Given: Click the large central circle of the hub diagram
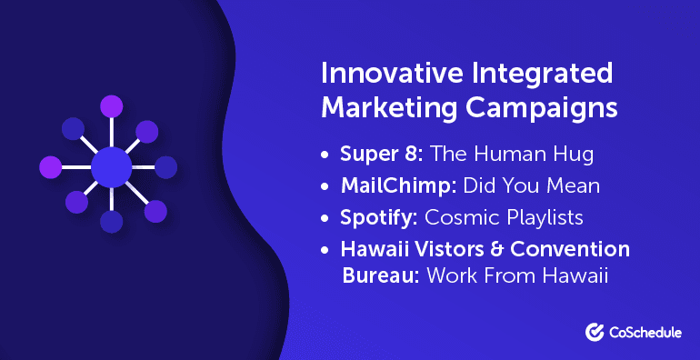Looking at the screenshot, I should click(x=112, y=167).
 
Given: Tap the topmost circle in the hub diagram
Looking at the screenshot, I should click(x=112, y=107).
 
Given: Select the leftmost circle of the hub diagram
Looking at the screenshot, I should click(x=51, y=167).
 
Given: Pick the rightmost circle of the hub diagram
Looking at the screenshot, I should click(x=165, y=167).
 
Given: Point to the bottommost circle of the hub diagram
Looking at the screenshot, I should click(x=112, y=222).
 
